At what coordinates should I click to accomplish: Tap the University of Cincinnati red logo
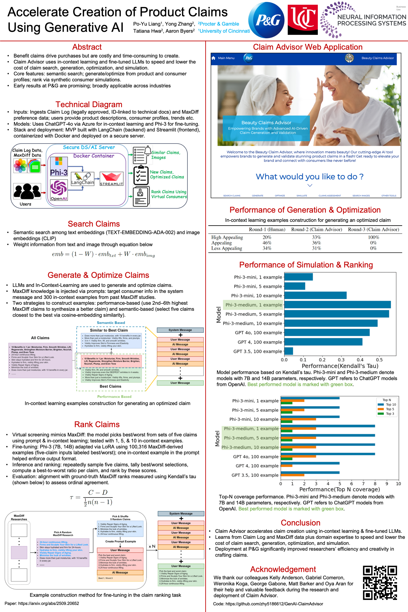[302, 20]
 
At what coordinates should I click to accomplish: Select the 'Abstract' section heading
[87, 47]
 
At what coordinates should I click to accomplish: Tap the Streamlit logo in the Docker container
[111, 179]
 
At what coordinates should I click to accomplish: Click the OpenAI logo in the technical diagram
[59, 190]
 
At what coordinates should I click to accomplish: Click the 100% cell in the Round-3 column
[373, 237]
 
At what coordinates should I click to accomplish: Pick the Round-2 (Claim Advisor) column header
[316, 230]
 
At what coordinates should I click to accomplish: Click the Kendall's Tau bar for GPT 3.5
[289, 351]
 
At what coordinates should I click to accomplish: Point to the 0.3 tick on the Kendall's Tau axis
[341, 360]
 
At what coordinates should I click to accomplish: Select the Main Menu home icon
[213, 58]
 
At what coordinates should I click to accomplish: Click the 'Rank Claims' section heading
[97, 424]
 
